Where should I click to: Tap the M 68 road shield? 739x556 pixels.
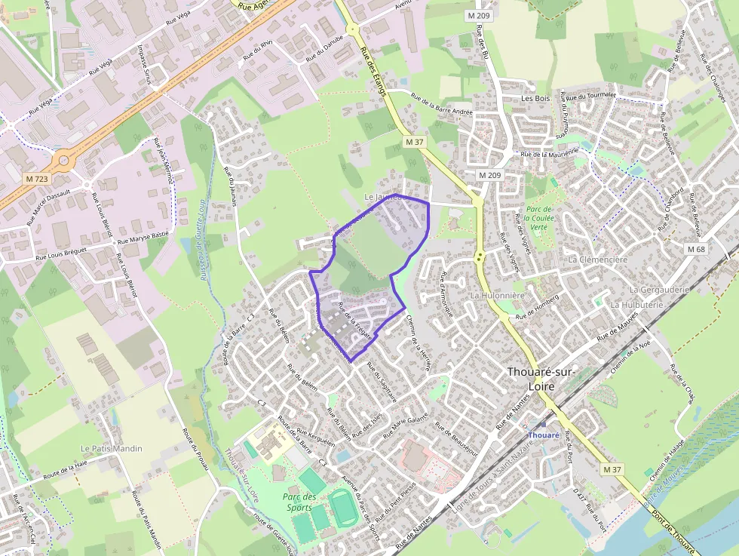[696, 249]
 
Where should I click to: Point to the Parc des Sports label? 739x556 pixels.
[299, 502]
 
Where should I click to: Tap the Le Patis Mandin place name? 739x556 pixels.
[112, 448]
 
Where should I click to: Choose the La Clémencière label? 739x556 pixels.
[598, 259]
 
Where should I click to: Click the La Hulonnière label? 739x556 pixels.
[497, 296]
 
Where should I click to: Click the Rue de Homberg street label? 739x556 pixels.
[536, 306]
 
